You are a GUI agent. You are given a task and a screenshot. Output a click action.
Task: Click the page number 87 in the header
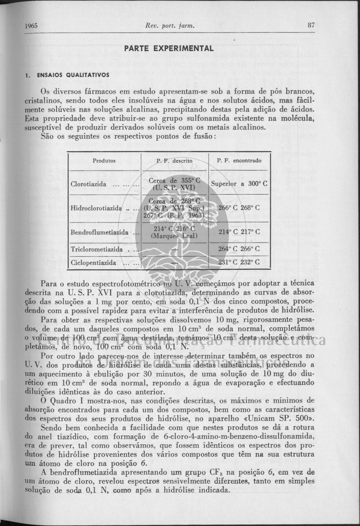click(x=311, y=26)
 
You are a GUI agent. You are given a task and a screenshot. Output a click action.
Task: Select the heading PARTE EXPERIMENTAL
click(x=169, y=48)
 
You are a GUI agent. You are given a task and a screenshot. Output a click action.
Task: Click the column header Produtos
click(x=104, y=161)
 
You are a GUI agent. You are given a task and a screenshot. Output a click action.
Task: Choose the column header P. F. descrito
click(x=174, y=161)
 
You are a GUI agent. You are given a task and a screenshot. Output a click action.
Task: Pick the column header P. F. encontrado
click(x=239, y=161)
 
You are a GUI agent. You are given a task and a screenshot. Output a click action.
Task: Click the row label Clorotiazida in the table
click(x=91, y=184)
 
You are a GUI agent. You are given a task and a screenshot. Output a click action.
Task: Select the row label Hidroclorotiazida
click(x=97, y=208)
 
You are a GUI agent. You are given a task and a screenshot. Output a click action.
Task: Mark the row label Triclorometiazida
click(x=97, y=249)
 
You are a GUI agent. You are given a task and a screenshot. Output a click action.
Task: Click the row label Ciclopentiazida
click(x=94, y=263)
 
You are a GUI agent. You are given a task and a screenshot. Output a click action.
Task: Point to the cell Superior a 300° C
click(x=239, y=184)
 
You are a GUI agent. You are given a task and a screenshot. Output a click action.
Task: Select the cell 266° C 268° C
click(x=239, y=208)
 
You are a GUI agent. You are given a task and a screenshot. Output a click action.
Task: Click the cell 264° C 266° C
click(x=239, y=249)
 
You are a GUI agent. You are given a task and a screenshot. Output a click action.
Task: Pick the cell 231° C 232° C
click(x=239, y=263)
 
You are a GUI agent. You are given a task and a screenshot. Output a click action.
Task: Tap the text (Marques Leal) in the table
click(x=174, y=236)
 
